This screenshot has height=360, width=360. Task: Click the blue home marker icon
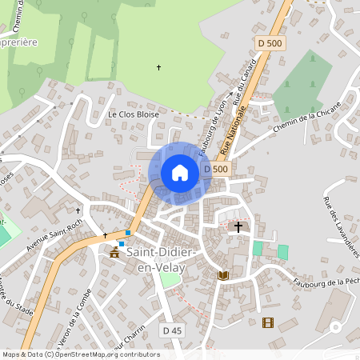(x=180, y=173)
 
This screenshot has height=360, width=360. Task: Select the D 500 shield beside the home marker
(x=216, y=169)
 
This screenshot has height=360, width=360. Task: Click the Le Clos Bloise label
(x=134, y=114)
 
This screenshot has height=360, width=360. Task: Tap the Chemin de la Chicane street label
(x=306, y=117)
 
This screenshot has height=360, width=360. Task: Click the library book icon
(x=223, y=275)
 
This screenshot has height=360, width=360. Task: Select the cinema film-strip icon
(x=266, y=322)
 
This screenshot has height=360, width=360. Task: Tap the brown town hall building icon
(x=114, y=252)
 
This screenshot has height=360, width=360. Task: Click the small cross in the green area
(x=158, y=67)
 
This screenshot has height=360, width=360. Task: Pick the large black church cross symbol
(x=238, y=227)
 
